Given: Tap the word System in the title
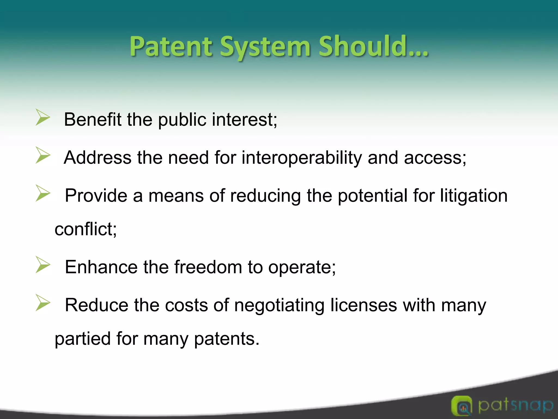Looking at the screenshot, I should point(265,47).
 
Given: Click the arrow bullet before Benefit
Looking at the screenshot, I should point(43,118).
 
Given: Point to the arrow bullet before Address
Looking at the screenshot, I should point(43,155).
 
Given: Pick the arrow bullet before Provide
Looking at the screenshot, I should point(43,193).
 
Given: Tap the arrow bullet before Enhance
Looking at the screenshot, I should point(43,265).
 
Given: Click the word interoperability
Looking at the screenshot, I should point(302,158).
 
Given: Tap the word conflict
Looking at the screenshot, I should point(86,229).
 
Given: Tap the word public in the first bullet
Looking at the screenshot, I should point(182,120).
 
